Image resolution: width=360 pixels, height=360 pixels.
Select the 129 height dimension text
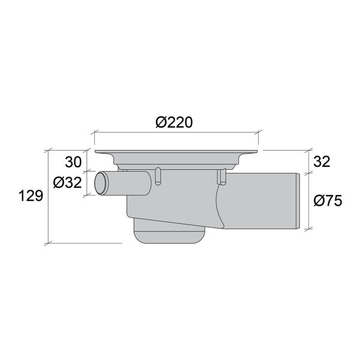pyautogui.click(x=29, y=196)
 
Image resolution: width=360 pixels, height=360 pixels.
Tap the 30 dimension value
pyautogui.click(x=74, y=161)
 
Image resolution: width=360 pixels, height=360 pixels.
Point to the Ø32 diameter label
pyautogui.click(x=67, y=182)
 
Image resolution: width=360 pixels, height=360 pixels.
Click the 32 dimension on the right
pyautogui.click(x=322, y=161)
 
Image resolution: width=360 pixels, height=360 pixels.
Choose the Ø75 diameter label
pyautogui.click(x=327, y=200)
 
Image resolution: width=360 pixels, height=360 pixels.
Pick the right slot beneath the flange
pyautogui.click(x=221, y=176)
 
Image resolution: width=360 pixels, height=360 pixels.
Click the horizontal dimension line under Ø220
pyautogui.click(x=176, y=133)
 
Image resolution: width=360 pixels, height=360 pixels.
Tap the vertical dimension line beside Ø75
pyautogui.click(x=308, y=200)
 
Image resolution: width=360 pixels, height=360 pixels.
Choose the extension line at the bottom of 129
pyautogui.click(x=84, y=244)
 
